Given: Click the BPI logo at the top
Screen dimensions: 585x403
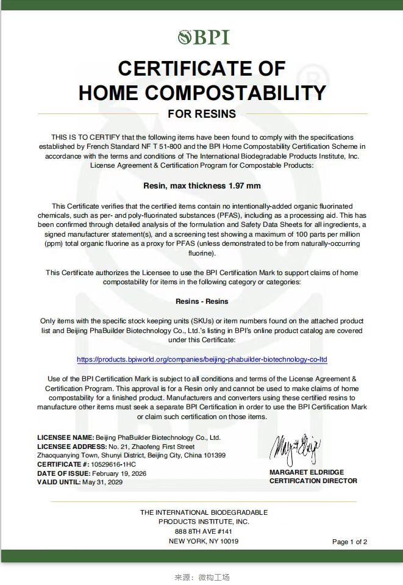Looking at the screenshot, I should (x=204, y=37).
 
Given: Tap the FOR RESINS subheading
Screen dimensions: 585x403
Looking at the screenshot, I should (x=201, y=114).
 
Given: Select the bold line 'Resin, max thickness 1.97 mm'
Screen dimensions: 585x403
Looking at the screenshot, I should (x=201, y=185).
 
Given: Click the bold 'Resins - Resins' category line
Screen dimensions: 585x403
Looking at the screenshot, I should (x=201, y=301).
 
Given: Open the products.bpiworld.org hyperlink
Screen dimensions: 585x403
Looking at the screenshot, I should (x=201, y=359).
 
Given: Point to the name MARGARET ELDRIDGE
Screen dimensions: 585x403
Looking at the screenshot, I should (x=307, y=472).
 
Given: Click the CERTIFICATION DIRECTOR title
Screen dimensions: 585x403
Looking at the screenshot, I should (x=313, y=481).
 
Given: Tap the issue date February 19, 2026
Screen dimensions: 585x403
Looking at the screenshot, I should (x=119, y=473).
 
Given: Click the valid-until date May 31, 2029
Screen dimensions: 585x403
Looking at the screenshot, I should (x=102, y=482).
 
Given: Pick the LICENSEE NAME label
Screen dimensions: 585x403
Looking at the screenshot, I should (x=65, y=437).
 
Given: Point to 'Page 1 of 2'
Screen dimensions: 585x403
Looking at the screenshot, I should (x=349, y=542).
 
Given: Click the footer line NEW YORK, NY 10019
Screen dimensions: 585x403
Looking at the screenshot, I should (x=204, y=541).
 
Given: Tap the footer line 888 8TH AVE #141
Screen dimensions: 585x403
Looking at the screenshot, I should (x=204, y=531).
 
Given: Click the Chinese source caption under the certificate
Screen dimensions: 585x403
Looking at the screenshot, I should (x=202, y=577).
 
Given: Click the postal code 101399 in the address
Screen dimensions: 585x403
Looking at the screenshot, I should (x=213, y=455).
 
